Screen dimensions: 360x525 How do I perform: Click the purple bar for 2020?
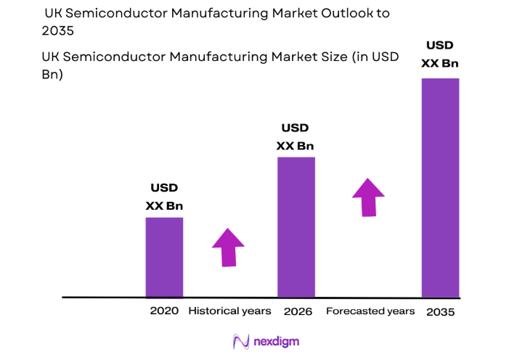pyautogui.click(x=164, y=257)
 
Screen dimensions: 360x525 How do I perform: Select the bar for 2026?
pyautogui.click(x=296, y=226)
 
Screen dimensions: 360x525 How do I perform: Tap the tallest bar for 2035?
pyautogui.click(x=440, y=187)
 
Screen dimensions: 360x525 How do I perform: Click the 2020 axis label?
pyautogui.click(x=164, y=311)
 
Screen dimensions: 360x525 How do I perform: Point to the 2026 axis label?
pyautogui.click(x=298, y=311)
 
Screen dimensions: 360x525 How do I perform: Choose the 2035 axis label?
pyautogui.click(x=441, y=311)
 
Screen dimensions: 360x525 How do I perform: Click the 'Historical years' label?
pyautogui.click(x=229, y=311)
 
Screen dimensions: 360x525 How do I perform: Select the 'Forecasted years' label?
pyautogui.click(x=370, y=311)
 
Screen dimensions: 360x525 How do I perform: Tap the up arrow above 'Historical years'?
pyautogui.click(x=228, y=247)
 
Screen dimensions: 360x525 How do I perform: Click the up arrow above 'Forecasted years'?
pyautogui.click(x=368, y=197)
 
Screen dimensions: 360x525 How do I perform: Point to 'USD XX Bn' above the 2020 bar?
pyautogui.click(x=164, y=197)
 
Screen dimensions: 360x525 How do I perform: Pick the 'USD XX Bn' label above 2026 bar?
pyautogui.click(x=296, y=136)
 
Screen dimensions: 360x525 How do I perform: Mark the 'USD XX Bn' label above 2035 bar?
pyautogui.click(x=440, y=54)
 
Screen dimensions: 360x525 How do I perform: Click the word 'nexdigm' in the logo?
pyautogui.click(x=276, y=341)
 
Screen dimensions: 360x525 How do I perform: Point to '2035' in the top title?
pyautogui.click(x=58, y=30)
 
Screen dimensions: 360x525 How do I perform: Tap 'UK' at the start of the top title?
pyautogui.click(x=53, y=13)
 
